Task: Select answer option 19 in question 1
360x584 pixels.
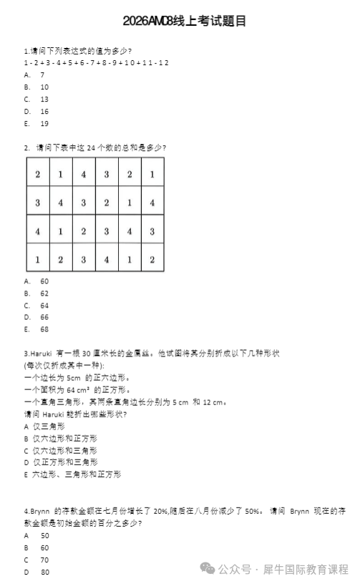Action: pyautogui.click(x=44, y=123)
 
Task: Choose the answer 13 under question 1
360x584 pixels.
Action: pyautogui.click(x=44, y=99)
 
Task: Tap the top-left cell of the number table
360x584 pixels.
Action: pyautogui.click(x=37, y=175)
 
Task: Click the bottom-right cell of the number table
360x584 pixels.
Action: pyautogui.click(x=152, y=259)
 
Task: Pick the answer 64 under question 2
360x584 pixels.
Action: pyautogui.click(x=44, y=306)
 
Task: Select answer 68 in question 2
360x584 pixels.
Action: pyautogui.click(x=44, y=329)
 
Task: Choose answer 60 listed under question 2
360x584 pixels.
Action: pyautogui.click(x=44, y=281)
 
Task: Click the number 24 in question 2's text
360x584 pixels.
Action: pyautogui.click(x=91, y=148)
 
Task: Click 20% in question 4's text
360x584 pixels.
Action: pyautogui.click(x=160, y=511)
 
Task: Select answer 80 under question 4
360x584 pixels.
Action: pyautogui.click(x=45, y=572)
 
